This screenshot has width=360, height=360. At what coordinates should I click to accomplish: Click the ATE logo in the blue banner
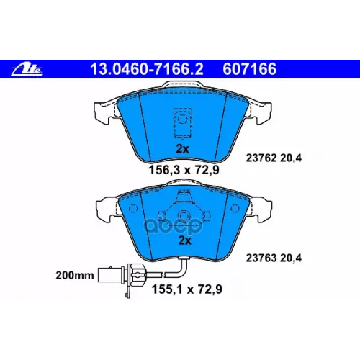click(27, 70)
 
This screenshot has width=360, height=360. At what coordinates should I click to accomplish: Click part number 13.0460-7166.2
click(147, 69)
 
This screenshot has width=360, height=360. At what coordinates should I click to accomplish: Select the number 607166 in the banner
click(250, 69)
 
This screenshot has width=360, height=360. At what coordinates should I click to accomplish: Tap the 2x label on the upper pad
click(182, 149)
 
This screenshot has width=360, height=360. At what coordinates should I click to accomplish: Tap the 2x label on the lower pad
click(185, 240)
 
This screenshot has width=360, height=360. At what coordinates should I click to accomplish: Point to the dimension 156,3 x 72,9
click(184, 170)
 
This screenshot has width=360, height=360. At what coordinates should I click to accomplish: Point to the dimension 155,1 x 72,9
click(186, 289)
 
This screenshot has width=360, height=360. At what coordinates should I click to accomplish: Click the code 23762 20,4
click(274, 158)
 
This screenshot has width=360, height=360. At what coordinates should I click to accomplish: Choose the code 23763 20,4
click(274, 258)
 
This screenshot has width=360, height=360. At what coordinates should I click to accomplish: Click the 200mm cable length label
click(75, 275)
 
